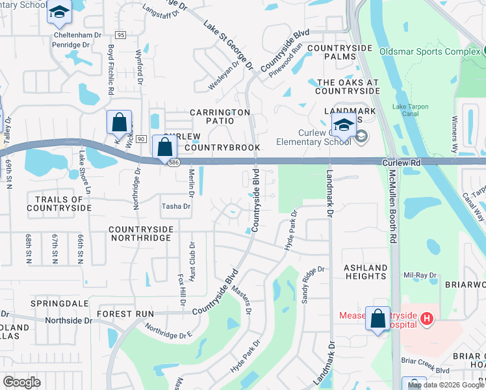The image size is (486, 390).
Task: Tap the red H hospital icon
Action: point(426,318)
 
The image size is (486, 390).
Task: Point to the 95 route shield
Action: point(120,34)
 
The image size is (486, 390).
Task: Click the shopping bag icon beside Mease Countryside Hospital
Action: point(378,318)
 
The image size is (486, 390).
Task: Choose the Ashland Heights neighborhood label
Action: point(366,272)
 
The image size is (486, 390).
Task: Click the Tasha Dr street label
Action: point(175,207)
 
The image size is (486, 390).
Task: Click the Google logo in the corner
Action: point(21,382)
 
